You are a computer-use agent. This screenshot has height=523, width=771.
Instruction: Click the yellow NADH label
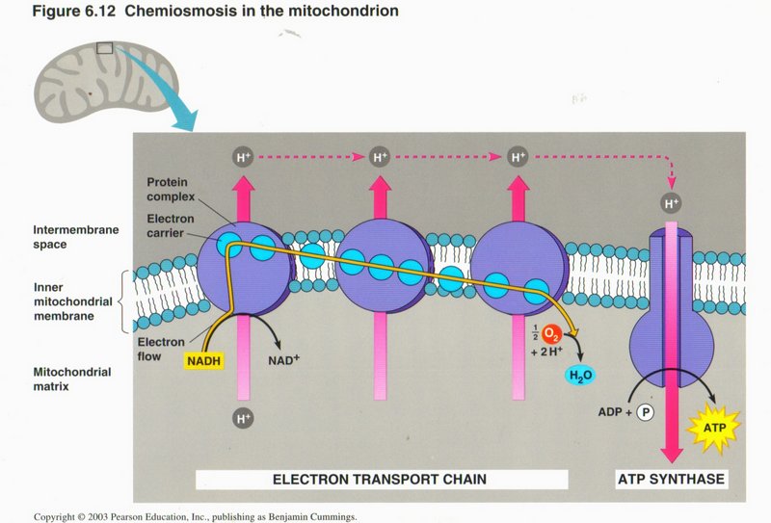click(203, 362)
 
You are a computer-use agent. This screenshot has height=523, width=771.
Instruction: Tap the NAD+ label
click(285, 362)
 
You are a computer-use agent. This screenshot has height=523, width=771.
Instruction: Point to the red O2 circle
click(552, 335)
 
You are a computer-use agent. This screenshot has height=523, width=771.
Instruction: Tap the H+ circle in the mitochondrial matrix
click(242, 419)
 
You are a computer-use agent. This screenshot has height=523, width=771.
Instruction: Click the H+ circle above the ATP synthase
click(670, 203)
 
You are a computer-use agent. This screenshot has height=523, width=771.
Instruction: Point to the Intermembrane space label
click(74, 238)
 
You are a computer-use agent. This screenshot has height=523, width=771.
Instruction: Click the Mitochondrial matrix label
click(72, 379)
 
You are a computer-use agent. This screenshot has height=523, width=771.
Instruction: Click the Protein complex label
click(172, 190)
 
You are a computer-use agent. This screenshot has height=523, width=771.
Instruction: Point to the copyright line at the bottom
click(196, 516)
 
